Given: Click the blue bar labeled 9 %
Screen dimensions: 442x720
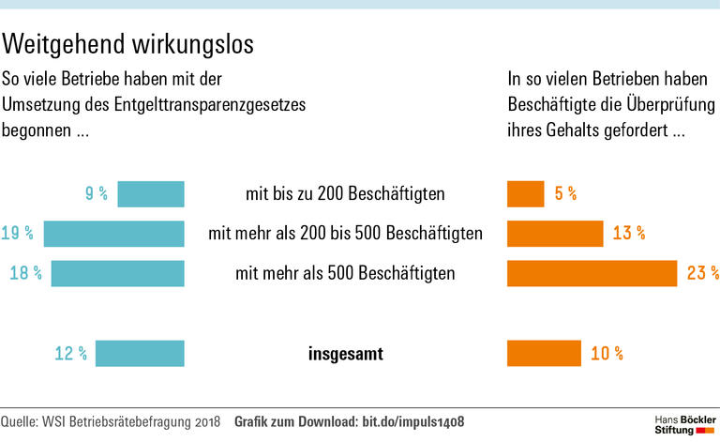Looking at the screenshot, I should [x=150, y=193].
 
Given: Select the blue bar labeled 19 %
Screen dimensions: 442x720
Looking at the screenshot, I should [x=113, y=234].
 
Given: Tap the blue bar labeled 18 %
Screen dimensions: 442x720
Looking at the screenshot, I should [x=117, y=273].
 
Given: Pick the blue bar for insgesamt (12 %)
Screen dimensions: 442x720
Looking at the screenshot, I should [x=140, y=353].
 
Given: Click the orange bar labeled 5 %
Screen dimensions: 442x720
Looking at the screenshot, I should [x=525, y=193].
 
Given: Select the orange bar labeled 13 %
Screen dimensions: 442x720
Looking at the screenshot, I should [x=554, y=234].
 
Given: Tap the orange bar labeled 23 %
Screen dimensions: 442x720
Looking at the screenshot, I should [x=592, y=273].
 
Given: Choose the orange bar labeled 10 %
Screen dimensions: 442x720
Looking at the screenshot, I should [x=544, y=353].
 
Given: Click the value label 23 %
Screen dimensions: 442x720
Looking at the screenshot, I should [x=702, y=273].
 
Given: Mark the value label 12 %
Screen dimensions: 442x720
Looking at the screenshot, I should [x=71, y=354].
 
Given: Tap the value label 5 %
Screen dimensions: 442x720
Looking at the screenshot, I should [x=565, y=194].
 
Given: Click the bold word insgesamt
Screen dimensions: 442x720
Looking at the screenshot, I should [x=345, y=354].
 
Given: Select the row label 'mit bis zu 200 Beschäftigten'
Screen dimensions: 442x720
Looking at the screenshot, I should [x=345, y=194].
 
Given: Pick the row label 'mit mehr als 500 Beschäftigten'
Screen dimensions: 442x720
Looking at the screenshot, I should [x=345, y=274].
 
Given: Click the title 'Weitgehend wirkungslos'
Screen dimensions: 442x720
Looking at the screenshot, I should [x=128, y=44].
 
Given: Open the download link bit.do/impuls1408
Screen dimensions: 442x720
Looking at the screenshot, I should [x=413, y=421].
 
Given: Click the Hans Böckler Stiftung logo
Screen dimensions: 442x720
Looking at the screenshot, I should [x=685, y=422].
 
